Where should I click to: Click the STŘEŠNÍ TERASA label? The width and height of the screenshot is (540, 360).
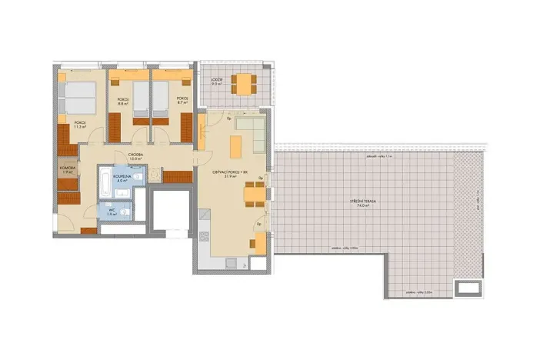tap(364, 202)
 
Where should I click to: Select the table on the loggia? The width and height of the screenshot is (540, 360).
tap(242, 82)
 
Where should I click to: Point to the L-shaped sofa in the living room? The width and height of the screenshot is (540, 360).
tap(251, 131)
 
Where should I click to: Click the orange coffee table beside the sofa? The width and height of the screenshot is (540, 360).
tap(235, 143)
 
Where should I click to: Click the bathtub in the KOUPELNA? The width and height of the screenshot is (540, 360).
tap(105, 182)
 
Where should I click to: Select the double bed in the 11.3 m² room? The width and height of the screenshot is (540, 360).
tap(77, 98)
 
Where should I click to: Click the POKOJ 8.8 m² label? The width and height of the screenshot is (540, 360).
tap(122, 101)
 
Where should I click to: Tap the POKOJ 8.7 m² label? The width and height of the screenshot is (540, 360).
tap(182, 101)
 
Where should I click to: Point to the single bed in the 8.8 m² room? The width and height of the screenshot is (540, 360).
tap(141, 100)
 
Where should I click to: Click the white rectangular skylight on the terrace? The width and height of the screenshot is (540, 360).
tap(467, 288)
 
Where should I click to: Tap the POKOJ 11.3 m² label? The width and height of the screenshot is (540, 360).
tap(80, 125)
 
